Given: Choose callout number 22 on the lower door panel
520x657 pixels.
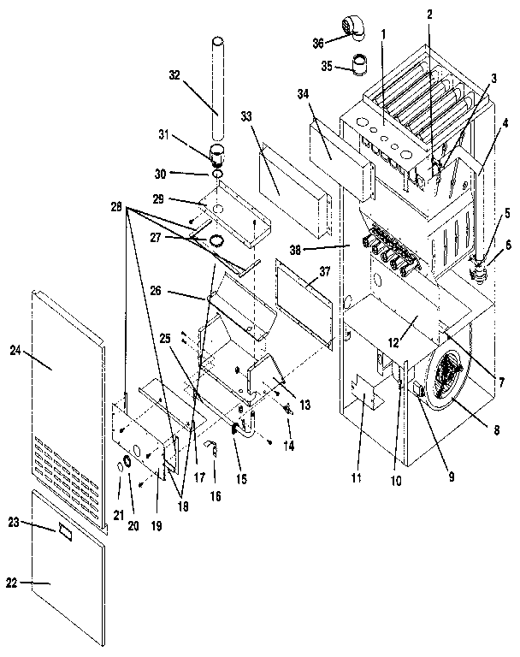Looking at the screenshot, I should tap(12, 583).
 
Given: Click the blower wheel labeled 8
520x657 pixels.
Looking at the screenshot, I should tap(453, 376).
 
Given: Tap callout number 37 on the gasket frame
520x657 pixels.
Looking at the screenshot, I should tap(324, 270).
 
